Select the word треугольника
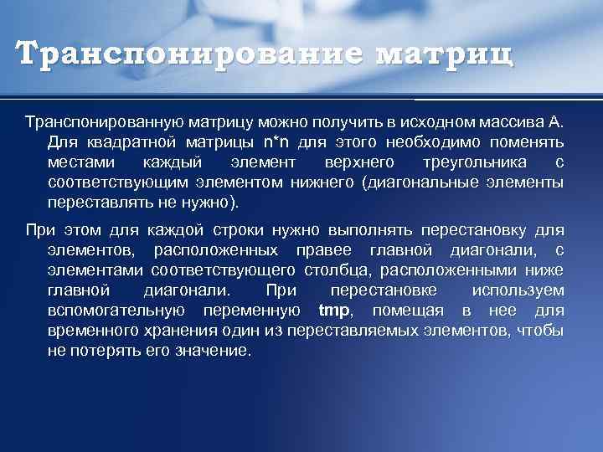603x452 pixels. click(476, 162)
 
